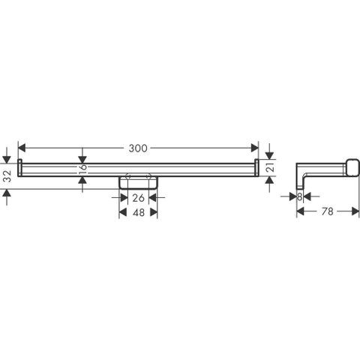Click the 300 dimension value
(x=138, y=148)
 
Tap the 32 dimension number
(x=7, y=176)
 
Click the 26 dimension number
(x=138, y=198)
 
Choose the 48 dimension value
(x=139, y=213)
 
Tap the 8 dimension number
(x=299, y=197)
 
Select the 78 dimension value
(x=328, y=211)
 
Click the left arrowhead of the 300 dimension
(x=22, y=148)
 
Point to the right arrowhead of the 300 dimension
(x=255, y=148)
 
